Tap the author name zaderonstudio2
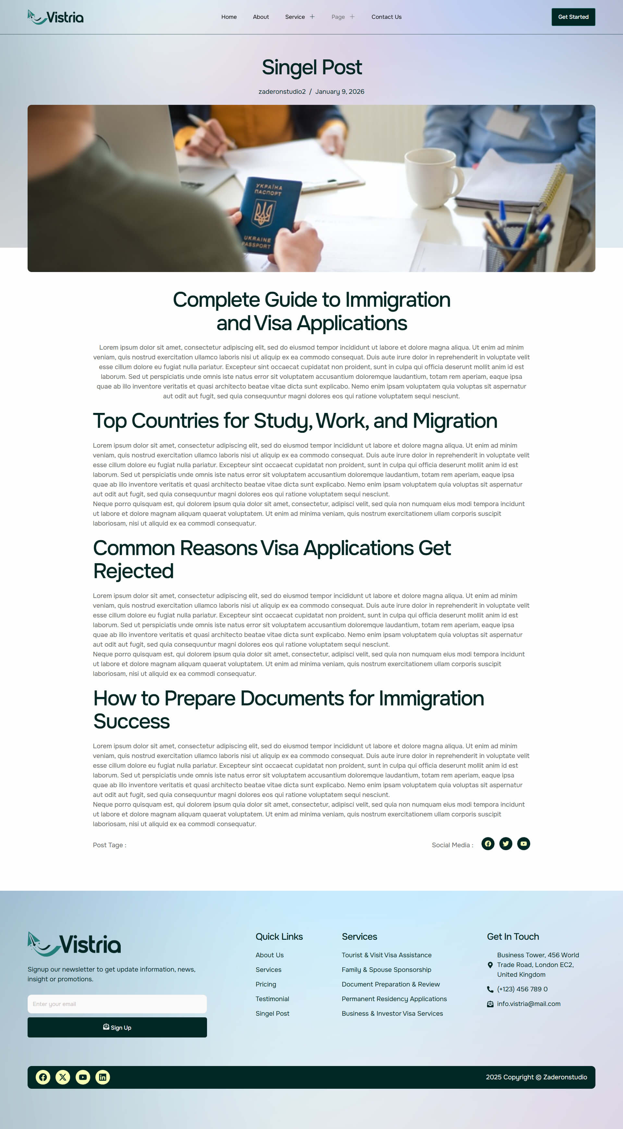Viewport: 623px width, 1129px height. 282,92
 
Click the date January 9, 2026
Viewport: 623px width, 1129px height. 339,92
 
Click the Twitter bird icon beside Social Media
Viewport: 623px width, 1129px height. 506,844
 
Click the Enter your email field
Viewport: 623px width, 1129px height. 117,1004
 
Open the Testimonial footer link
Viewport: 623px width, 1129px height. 272,999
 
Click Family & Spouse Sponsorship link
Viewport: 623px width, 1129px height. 386,970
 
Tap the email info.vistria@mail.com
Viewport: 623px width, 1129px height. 528,1004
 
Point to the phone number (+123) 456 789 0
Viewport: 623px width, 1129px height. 522,989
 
